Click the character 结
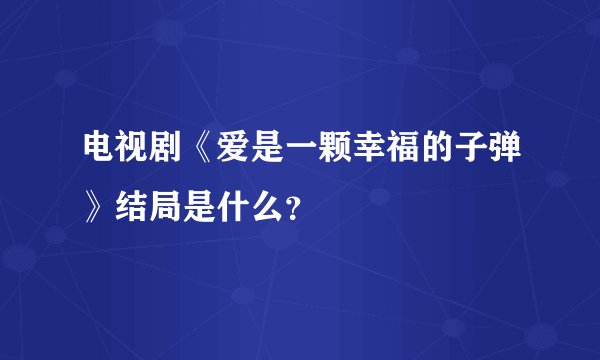coord(133,205)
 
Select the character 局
coord(167,205)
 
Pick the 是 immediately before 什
coord(201,205)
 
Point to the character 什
coord(235,205)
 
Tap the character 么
coord(269,205)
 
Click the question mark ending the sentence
coord(291,207)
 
